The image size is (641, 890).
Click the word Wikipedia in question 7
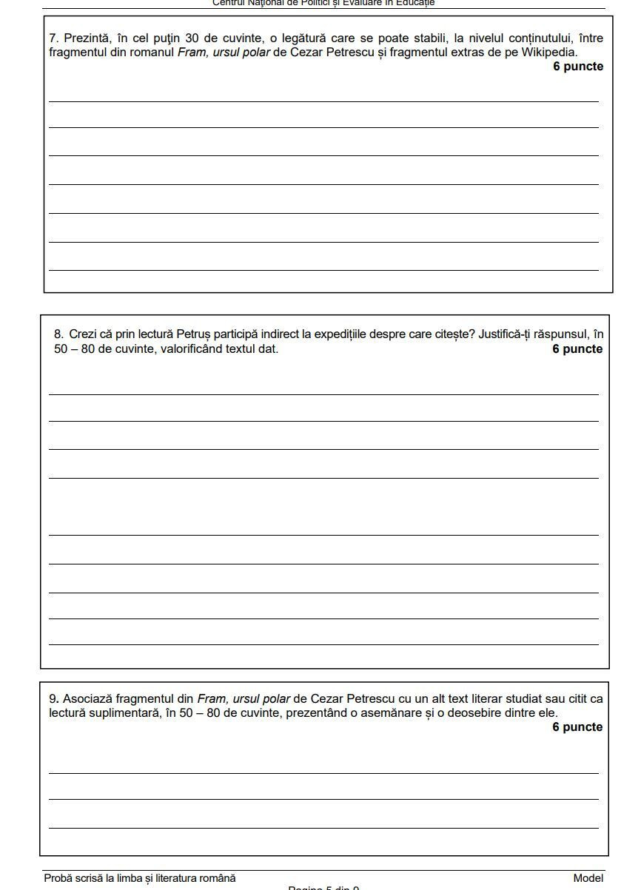548,53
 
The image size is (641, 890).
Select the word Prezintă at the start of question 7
85,38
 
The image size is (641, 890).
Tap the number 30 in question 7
192,38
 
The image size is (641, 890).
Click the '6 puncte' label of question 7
577,67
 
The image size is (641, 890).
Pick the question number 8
58,334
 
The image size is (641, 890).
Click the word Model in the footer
588,878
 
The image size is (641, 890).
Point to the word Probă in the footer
58,878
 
